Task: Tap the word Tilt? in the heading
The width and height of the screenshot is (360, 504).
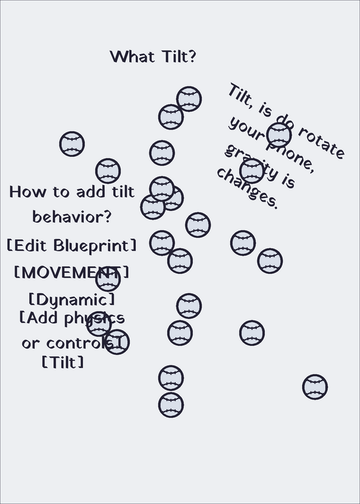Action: (180, 57)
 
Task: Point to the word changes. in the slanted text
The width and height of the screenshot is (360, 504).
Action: (247, 188)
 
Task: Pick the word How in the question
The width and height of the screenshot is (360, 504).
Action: (28, 192)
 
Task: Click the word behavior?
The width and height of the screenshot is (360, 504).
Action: (72, 217)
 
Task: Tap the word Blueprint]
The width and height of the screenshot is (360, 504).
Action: (95, 246)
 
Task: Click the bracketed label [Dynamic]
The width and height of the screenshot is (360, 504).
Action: (71, 300)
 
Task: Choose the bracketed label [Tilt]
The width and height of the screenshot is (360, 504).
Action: (63, 362)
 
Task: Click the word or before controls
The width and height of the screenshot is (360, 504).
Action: (31, 343)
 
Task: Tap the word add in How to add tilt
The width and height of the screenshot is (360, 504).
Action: (90, 192)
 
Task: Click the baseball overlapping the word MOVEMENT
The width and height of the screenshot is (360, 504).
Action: (108, 279)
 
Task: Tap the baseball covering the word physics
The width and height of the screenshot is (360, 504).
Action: (99, 324)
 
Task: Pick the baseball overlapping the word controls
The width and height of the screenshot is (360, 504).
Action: (117, 342)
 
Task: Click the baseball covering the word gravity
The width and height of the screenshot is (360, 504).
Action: (252, 171)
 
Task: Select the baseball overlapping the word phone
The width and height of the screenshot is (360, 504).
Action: (279, 135)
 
